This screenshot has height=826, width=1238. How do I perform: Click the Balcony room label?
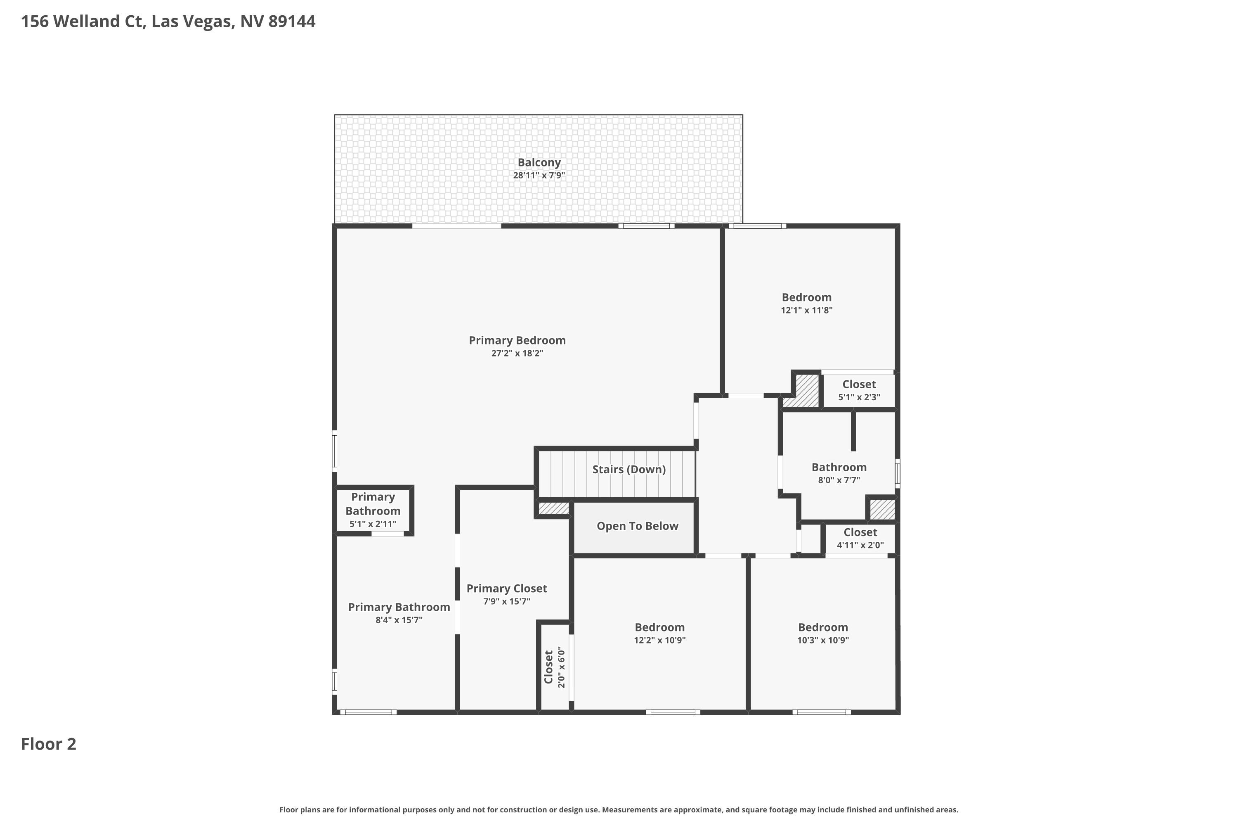[539, 163]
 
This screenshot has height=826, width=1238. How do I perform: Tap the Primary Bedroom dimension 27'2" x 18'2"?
[517, 354]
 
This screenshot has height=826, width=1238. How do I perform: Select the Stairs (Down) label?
[629, 469]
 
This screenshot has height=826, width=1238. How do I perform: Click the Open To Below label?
[638, 526]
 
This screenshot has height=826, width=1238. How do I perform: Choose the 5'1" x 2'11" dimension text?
[373, 524]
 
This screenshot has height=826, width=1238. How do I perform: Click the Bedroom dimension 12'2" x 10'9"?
[659, 641]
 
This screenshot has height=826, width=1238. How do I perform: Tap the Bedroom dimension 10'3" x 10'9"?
[823, 641]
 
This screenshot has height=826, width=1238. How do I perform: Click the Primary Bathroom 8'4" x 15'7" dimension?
[399, 620]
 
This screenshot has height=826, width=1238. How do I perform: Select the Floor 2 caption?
[48, 744]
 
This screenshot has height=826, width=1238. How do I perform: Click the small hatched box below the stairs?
[554, 508]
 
